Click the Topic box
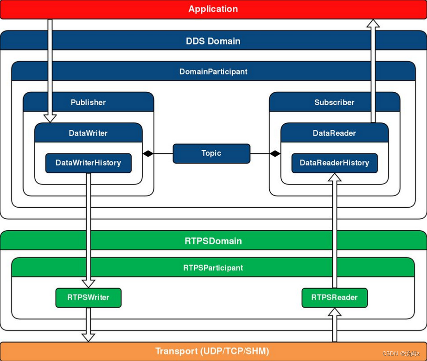click(211, 153)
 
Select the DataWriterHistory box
click(88, 163)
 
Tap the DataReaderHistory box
click(334, 163)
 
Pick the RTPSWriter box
click(88, 298)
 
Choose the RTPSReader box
click(334, 298)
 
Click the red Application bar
click(213, 9)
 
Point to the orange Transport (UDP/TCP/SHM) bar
click(213, 351)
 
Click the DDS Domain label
click(213, 41)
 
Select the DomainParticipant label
click(213, 72)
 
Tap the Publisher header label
click(88, 102)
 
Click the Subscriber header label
click(334, 102)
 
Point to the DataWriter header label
click(88, 133)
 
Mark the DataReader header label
click(334, 133)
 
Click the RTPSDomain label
click(213, 241)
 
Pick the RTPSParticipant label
click(213, 268)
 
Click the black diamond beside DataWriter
click(148, 153)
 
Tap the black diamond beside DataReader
click(275, 153)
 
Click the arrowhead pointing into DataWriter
click(50, 119)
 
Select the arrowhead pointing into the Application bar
click(373, 24)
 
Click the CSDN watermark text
click(401, 354)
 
